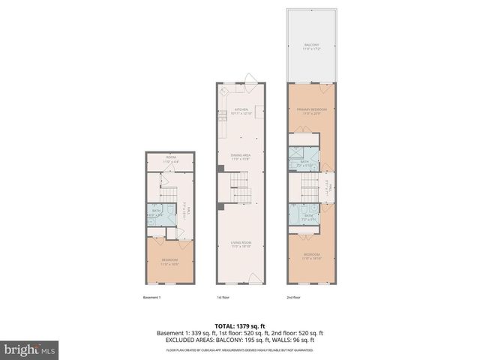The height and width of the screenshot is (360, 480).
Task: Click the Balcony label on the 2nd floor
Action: (312, 46)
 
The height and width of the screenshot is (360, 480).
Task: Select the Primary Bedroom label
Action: (312, 111)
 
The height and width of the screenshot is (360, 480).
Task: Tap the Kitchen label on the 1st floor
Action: (241, 112)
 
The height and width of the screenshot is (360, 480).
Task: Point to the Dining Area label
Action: (241, 156)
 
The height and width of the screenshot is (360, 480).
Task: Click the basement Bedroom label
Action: (169, 262)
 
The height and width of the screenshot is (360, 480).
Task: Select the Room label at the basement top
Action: (169, 159)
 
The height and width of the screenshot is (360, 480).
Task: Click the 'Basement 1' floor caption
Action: (152, 297)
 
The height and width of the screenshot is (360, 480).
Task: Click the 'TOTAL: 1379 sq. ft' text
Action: (240, 326)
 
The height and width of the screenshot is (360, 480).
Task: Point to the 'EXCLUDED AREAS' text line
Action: (240, 340)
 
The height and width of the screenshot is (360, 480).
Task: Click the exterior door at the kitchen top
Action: (253, 77)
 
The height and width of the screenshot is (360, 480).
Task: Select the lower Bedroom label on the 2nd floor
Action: (312, 256)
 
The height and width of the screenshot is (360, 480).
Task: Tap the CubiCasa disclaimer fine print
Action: (240, 349)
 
